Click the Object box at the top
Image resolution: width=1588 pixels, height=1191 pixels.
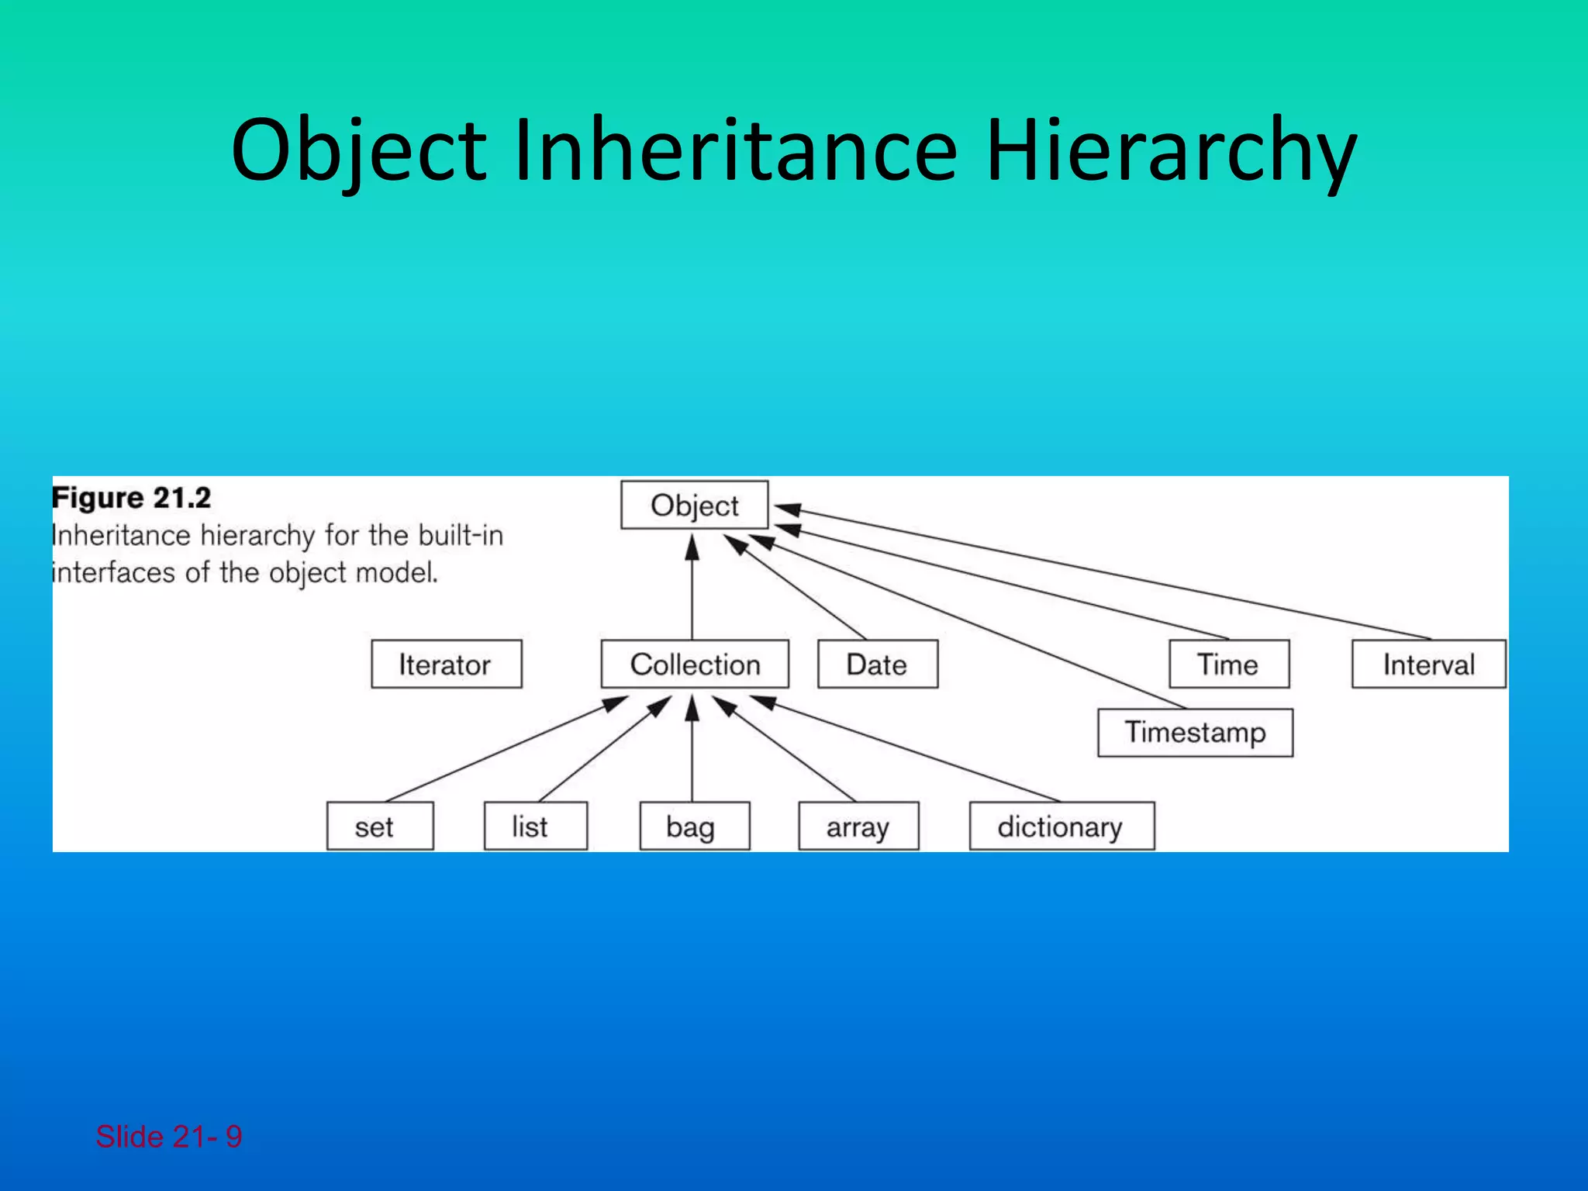(694, 506)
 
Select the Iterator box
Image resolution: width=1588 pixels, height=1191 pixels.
(446, 665)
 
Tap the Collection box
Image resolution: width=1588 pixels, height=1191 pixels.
(695, 665)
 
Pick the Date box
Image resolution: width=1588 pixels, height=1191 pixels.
(877, 665)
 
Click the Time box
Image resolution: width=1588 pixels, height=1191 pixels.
(1228, 665)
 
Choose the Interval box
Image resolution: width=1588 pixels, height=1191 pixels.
(1428, 665)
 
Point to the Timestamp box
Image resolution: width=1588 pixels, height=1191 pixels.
(1195, 733)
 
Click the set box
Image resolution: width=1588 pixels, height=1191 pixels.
(379, 827)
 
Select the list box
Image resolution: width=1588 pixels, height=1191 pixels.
(535, 827)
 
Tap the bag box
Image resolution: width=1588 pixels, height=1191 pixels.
(694, 827)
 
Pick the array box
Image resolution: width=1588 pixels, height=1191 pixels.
(858, 827)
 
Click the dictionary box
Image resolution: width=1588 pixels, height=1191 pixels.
(1061, 827)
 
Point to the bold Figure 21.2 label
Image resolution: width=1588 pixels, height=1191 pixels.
(131, 498)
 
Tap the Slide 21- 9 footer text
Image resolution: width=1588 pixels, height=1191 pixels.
(168, 1137)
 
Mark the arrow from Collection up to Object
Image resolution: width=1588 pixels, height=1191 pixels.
(692, 589)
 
